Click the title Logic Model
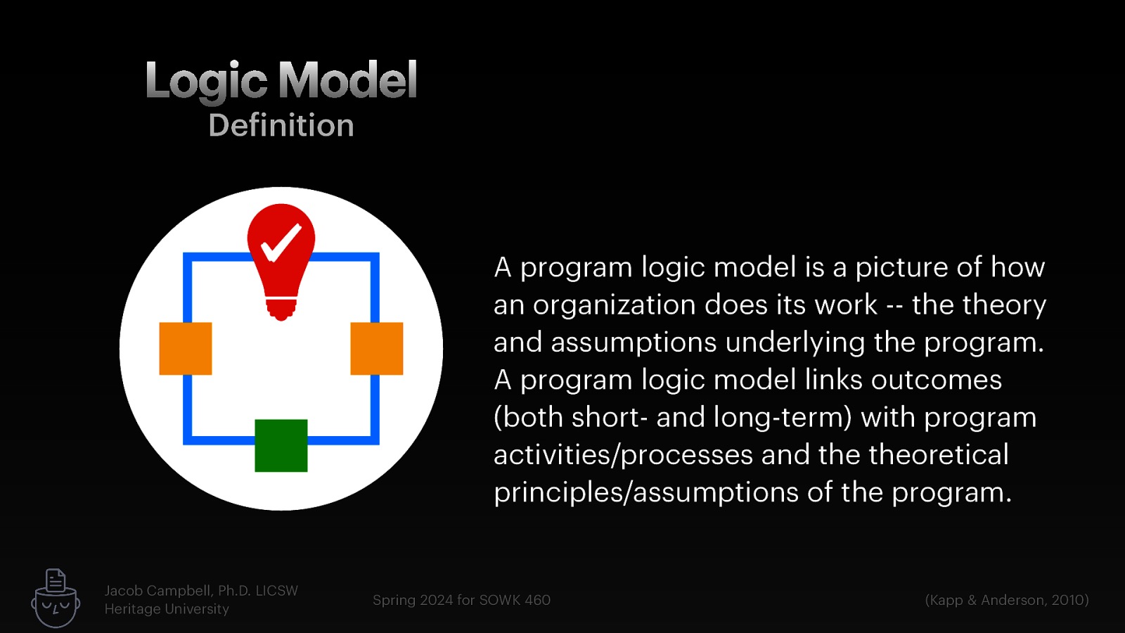(281, 80)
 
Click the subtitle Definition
(281, 126)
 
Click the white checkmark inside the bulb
(281, 243)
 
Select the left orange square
(186, 349)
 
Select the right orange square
(377, 349)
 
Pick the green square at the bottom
(281, 446)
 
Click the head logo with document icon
(56, 599)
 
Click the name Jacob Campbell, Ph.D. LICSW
(201, 591)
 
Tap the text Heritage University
(167, 609)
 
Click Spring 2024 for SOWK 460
(461, 600)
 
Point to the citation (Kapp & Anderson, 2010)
(1007, 600)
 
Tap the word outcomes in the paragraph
(936, 381)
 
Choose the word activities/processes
(623, 455)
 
